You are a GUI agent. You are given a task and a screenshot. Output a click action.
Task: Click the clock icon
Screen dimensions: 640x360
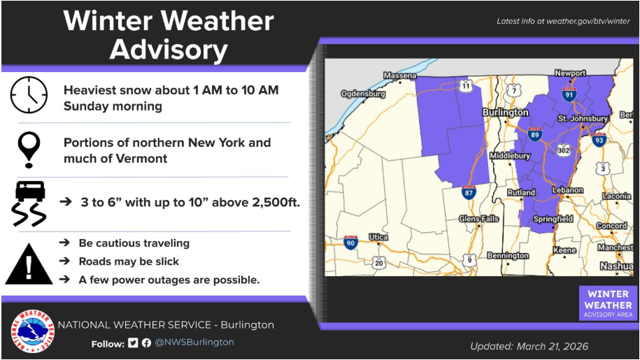coord(29,95)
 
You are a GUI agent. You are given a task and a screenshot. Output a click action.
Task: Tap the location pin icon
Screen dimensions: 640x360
coord(29,150)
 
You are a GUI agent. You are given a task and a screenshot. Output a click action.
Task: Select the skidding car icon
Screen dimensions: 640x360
coord(29,203)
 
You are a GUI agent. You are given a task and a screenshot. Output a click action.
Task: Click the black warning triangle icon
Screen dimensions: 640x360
coord(29,264)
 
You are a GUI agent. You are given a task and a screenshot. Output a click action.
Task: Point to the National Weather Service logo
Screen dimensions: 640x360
coord(32,331)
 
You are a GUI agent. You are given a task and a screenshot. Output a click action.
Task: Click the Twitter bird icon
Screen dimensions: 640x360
coord(133,343)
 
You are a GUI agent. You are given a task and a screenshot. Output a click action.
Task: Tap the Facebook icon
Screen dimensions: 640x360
coord(146,343)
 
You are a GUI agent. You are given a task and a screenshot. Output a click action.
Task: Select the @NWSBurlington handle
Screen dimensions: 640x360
coord(194,342)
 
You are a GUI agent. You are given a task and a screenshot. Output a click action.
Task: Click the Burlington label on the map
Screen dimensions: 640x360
coord(505,112)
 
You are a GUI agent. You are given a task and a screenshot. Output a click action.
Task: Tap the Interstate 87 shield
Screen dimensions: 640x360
coord(469,192)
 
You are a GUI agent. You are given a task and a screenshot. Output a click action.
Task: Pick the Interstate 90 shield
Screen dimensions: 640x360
coord(350,243)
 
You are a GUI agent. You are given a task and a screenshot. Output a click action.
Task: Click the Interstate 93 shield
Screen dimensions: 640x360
coord(599,140)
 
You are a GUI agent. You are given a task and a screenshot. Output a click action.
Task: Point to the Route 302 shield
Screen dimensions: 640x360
coord(563,150)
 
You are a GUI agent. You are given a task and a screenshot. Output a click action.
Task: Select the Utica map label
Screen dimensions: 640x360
coord(378,237)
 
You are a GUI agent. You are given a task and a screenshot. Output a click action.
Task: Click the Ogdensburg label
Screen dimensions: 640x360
coord(363,94)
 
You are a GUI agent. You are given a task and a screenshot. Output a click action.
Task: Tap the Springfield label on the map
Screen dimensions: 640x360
coord(553,219)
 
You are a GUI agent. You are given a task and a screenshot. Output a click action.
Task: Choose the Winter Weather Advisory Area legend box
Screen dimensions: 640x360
coord(608,303)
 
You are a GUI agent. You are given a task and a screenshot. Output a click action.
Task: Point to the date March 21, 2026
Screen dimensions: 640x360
coord(553,346)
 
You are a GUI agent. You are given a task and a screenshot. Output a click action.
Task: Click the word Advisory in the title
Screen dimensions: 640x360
coord(169,50)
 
